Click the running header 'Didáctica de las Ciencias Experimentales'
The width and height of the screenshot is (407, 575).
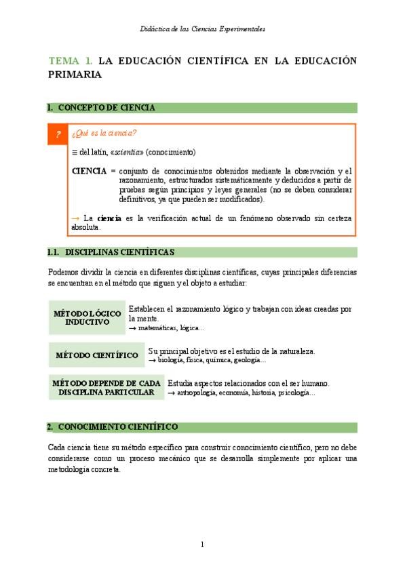(202, 29)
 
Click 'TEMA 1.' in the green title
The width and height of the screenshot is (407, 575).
(71, 61)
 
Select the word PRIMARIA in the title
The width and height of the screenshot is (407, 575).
(75, 75)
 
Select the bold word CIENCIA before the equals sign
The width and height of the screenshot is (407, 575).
(88, 171)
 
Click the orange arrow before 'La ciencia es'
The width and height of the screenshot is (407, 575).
(75, 218)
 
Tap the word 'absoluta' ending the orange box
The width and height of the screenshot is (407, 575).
(85, 228)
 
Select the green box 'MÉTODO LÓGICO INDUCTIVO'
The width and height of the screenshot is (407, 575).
(88, 317)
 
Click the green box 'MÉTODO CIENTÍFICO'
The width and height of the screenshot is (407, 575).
(96, 355)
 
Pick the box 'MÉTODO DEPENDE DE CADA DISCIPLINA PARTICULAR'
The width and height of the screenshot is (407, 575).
(106, 387)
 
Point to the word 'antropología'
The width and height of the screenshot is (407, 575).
(196, 393)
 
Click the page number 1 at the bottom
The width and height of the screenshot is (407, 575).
(202, 544)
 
